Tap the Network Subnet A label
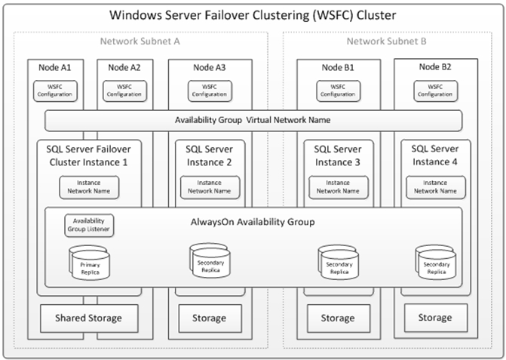(x=140, y=42)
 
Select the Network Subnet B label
(x=386, y=42)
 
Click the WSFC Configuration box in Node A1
(x=55, y=91)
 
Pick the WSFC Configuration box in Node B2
(x=435, y=91)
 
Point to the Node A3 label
(x=210, y=67)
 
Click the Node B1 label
(x=338, y=67)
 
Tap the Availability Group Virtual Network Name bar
(x=253, y=121)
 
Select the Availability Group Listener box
(x=89, y=226)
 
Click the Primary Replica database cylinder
(x=90, y=262)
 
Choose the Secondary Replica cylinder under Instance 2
(x=210, y=260)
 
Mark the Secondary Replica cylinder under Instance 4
(x=436, y=262)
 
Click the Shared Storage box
(x=89, y=318)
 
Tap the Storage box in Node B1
(x=339, y=318)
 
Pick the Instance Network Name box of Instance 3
(x=339, y=187)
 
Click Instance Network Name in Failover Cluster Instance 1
(x=89, y=187)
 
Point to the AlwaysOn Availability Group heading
(x=253, y=222)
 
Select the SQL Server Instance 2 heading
(x=209, y=155)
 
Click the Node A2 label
(x=124, y=67)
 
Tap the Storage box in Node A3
(x=210, y=318)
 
